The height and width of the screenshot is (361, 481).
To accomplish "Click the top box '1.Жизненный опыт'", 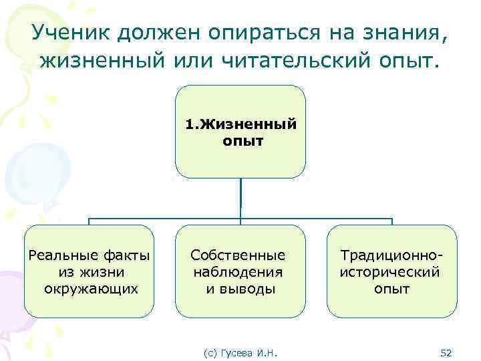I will point(240,132).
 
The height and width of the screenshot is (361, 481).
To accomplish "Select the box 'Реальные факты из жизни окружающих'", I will point(90,271).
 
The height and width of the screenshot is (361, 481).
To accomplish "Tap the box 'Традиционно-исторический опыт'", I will point(391,271).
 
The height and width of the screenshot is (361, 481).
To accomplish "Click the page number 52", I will point(447,352).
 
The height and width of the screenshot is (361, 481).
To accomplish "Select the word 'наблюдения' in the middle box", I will point(238,272).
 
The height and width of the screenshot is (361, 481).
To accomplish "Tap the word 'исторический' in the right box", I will point(391,272).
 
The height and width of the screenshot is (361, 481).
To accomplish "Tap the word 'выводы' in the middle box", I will point(250,289).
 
